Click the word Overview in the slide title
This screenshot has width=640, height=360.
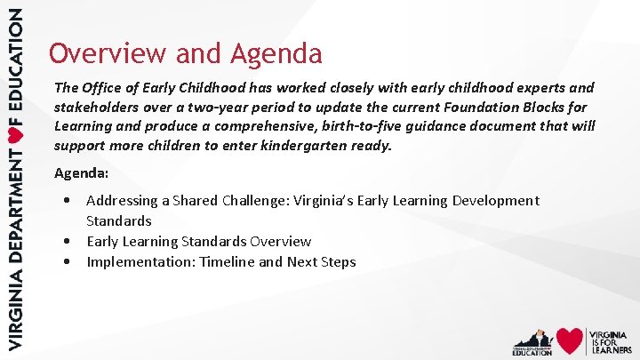coord(107,53)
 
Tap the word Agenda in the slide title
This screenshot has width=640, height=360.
coord(276,54)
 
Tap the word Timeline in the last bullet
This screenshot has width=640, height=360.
coord(228,261)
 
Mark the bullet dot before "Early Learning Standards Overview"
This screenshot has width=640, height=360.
coord(68,241)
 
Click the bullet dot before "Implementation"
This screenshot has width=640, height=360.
coord(68,261)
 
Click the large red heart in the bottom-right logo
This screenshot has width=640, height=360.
coord(570,340)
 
